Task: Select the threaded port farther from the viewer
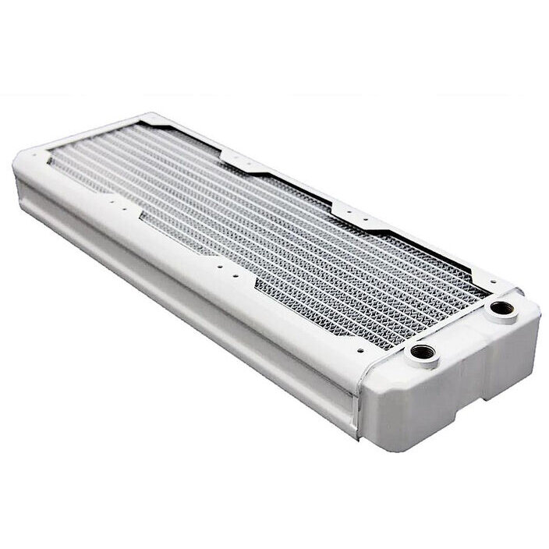[x=498, y=308]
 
